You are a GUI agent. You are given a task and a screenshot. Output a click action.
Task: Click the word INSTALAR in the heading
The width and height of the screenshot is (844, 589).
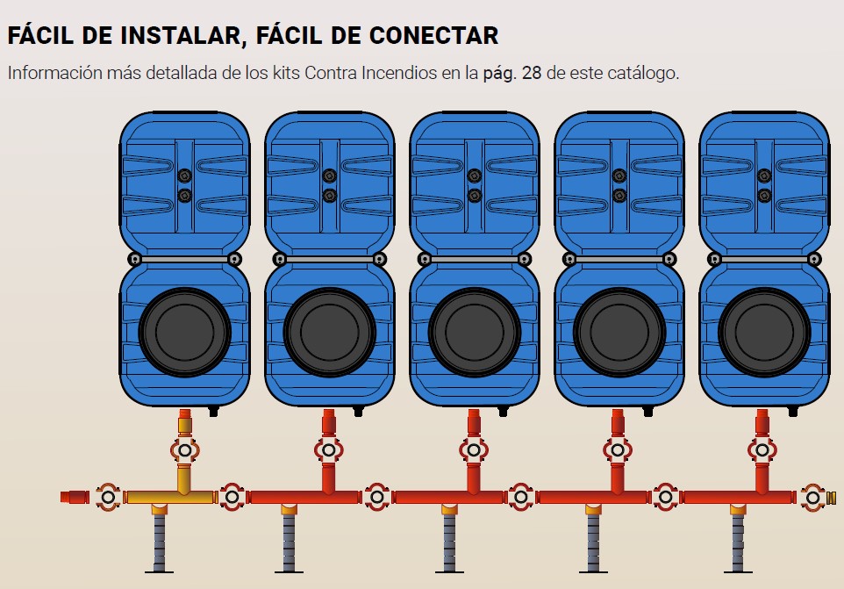180,35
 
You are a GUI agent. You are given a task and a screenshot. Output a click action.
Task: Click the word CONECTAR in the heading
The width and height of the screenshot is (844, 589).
433,35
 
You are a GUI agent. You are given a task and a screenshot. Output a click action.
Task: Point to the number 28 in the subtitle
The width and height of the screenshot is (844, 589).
532,73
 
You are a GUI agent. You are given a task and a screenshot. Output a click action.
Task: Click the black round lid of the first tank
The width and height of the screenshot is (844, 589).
184,332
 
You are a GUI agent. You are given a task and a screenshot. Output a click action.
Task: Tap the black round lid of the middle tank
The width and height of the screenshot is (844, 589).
475,332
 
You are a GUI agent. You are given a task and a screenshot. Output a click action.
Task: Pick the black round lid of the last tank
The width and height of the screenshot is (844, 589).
764,332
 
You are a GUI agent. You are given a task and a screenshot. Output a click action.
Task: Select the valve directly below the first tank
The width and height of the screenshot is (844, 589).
184,450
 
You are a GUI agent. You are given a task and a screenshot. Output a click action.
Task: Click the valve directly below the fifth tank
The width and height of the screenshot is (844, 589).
762,450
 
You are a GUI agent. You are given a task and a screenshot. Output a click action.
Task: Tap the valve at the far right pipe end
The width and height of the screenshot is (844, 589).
812,498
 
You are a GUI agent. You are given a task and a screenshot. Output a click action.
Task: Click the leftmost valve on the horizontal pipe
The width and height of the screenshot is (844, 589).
108,498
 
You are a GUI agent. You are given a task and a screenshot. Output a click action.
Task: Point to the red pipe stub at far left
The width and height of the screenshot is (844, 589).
75,497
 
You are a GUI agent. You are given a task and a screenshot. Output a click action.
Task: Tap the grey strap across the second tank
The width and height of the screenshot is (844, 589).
329,260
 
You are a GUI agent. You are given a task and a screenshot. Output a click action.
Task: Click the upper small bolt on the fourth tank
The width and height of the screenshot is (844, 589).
619,176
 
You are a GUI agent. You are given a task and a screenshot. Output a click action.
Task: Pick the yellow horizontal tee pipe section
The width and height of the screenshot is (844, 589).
170,497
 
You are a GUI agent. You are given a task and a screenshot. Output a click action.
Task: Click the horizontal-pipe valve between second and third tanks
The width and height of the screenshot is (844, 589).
376,498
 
